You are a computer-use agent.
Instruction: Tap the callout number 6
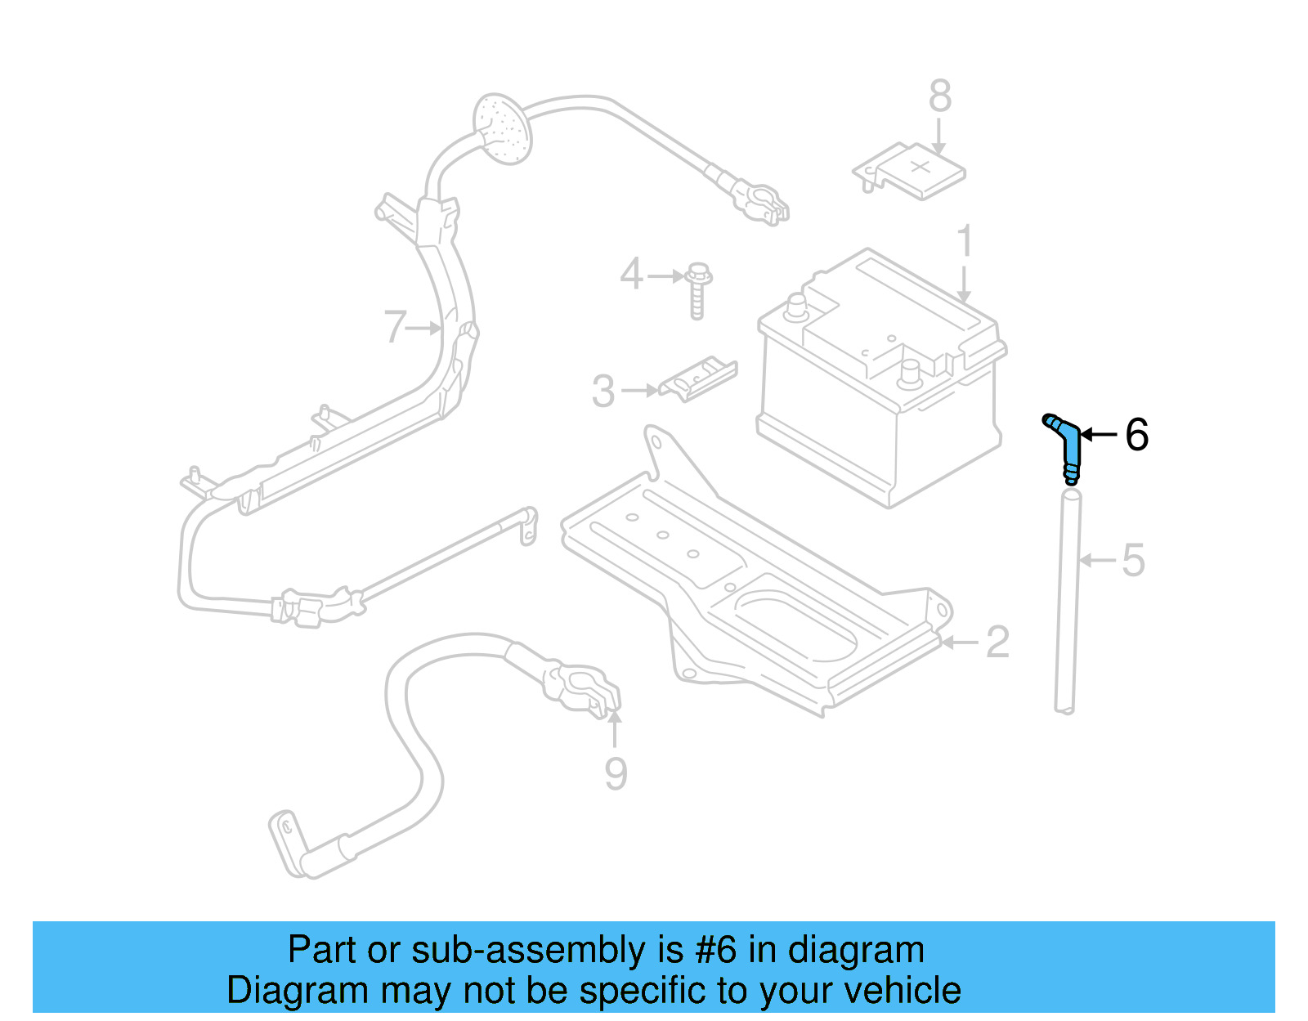pos(1136,435)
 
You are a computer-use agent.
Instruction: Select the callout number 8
pos(939,96)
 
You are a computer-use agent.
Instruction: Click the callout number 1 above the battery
pos(965,242)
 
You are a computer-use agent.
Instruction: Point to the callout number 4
pos(631,274)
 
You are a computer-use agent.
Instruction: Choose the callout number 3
pos(603,392)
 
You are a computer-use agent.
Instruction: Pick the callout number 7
pos(395,327)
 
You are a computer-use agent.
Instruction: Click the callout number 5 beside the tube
pos(1133,561)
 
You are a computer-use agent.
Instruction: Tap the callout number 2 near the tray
pos(997,643)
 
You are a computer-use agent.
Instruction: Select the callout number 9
pos(616,773)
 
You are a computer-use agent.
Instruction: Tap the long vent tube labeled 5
pos(1067,601)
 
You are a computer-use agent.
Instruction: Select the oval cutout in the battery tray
pos(797,625)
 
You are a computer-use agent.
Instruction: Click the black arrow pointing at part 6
pos(1099,435)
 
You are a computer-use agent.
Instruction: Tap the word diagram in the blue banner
pos(856,951)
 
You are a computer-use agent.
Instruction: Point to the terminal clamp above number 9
pos(585,691)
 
